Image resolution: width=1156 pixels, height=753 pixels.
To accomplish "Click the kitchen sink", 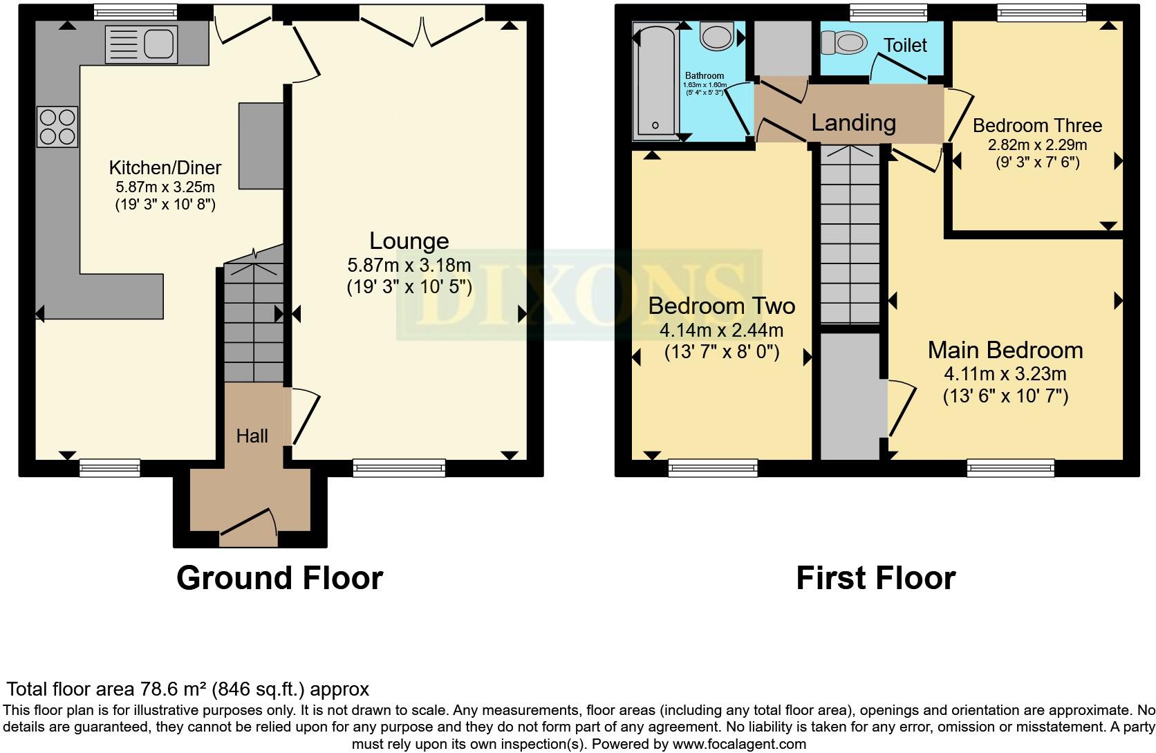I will (x=142, y=44).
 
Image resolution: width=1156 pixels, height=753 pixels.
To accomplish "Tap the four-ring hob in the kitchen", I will (x=58, y=127).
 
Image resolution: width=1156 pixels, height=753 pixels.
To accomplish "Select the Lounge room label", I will (x=409, y=241).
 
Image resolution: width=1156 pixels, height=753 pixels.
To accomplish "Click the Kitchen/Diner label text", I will (x=165, y=167).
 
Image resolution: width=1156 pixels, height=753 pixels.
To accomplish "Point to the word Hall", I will (x=252, y=436).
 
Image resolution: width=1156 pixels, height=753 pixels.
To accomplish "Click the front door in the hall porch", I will (x=249, y=524).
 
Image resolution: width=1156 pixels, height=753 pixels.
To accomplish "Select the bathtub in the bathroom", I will (x=654, y=80).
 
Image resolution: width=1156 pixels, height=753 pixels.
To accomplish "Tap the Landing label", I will (x=853, y=123).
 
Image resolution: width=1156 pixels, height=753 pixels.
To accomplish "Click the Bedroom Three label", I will (x=1036, y=126).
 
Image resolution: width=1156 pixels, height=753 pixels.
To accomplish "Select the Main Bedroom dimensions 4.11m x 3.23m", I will (x=1005, y=374).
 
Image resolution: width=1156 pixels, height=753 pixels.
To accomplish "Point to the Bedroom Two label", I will (x=721, y=306).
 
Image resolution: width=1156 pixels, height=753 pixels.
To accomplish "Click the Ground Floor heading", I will (x=279, y=578).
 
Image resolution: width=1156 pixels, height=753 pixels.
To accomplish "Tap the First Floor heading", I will (x=875, y=578).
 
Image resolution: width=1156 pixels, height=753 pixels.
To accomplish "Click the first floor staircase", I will (x=849, y=235).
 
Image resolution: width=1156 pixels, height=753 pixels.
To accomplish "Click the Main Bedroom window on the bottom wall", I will (x=1010, y=469).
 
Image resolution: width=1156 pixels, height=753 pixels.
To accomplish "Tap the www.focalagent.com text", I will (x=738, y=745).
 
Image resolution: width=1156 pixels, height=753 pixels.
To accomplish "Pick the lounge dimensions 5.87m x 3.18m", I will (x=409, y=265).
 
